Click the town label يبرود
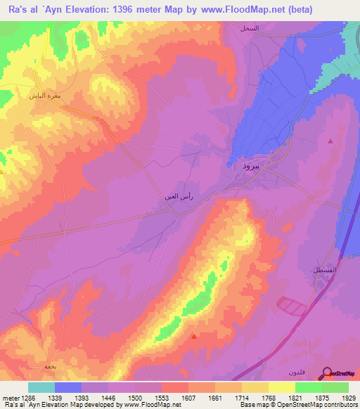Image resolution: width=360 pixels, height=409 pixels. [x=251, y=167]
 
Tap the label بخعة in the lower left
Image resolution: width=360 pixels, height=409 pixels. [x=50, y=366]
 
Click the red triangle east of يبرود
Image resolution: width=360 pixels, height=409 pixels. [x=331, y=141]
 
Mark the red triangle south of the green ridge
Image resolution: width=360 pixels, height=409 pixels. [x=194, y=336]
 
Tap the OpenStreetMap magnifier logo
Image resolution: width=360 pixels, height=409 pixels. [x=327, y=372]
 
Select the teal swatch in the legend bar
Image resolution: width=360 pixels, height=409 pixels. [x=41, y=387]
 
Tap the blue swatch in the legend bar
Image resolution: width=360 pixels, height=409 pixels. [x=68, y=387]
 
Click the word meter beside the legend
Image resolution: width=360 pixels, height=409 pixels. [x=8, y=397]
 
